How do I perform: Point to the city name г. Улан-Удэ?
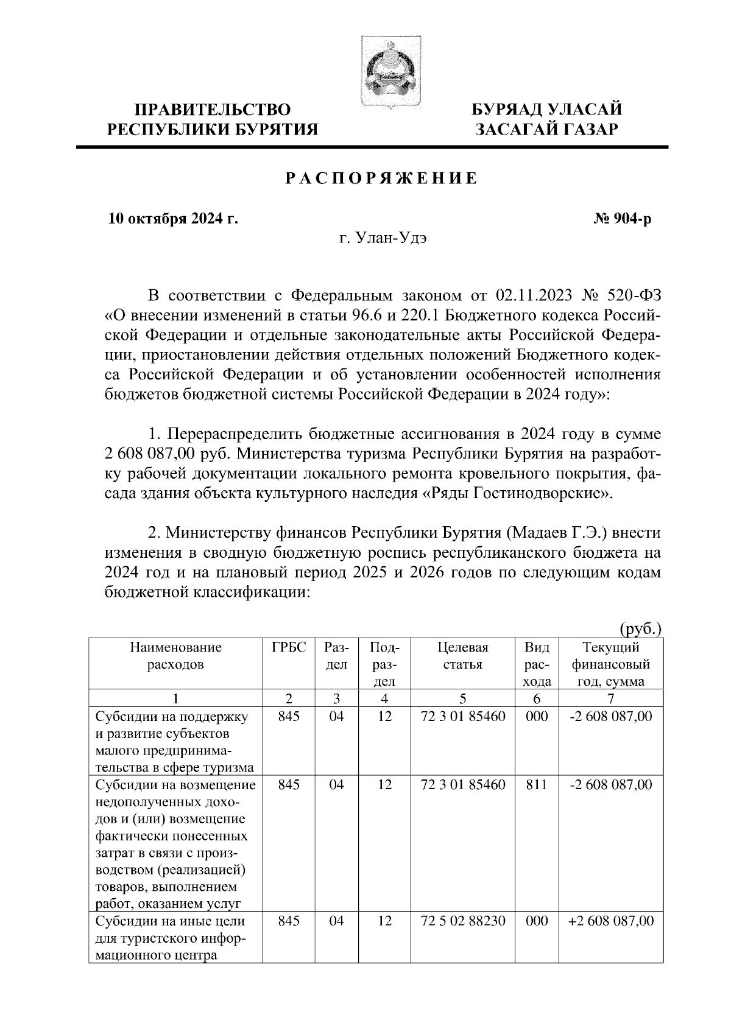(383, 238)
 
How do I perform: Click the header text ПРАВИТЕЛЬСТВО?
(213, 110)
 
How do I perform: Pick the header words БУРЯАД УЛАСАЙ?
(548, 110)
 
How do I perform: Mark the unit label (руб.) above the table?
(640, 628)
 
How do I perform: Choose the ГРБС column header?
(289, 647)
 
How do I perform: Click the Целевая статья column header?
(463, 656)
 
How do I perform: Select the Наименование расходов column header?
(175, 656)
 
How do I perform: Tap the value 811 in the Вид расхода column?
(536, 785)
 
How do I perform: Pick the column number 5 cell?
(463, 698)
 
